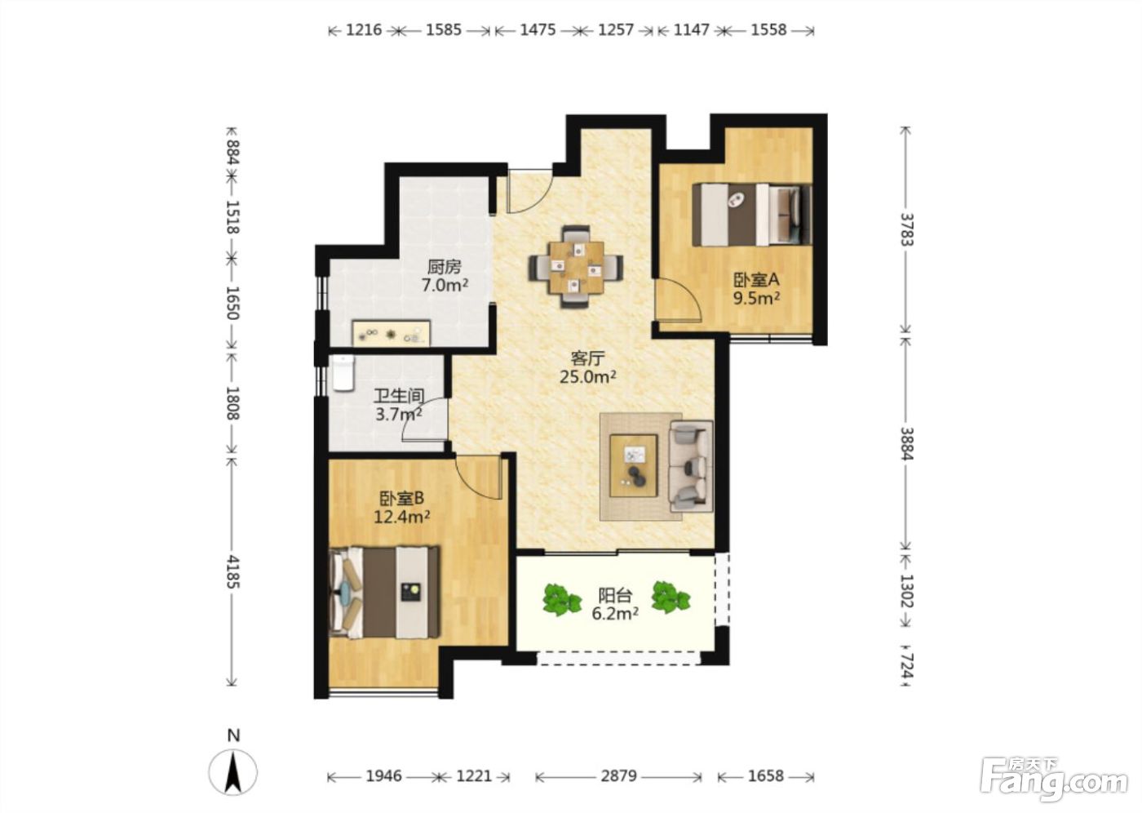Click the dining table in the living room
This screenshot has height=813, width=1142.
point(576,267)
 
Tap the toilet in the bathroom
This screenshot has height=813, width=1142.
point(343,373)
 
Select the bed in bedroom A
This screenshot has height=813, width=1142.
point(751,214)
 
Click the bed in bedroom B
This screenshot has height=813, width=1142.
point(384,592)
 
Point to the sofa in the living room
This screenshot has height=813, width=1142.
point(691,466)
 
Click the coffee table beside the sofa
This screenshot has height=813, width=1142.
point(633,465)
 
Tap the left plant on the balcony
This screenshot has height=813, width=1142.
point(561,599)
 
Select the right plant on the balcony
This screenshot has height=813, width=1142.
point(671,597)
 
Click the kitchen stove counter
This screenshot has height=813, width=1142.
point(392,334)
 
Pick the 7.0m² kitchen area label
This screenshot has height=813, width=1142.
point(445,285)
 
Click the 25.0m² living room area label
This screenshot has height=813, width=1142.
point(588,377)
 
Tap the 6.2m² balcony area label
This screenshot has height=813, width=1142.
point(615,614)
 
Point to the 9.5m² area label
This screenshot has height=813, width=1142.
point(757,298)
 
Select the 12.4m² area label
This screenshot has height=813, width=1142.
point(401,517)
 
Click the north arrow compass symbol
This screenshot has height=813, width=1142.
point(233,772)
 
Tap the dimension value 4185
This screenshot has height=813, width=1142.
point(232,571)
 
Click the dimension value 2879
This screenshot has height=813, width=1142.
point(618,775)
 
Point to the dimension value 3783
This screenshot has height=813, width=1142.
point(906,229)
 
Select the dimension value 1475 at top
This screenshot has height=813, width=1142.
point(538,30)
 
